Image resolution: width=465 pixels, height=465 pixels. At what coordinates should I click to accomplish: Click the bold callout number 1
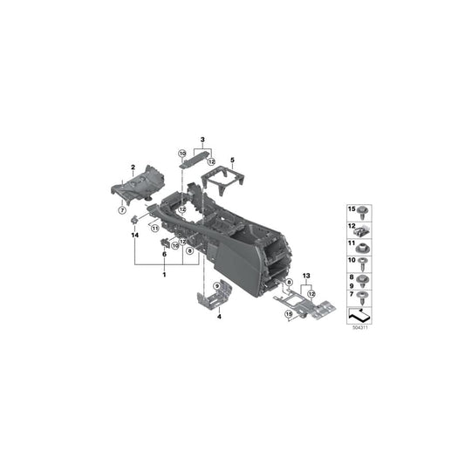pos(163,275)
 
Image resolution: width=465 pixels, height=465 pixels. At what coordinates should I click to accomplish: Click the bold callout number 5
pos(233,159)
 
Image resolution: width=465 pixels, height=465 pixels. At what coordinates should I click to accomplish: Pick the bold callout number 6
pos(163,254)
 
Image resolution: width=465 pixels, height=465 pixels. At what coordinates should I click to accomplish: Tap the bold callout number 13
pos(306,276)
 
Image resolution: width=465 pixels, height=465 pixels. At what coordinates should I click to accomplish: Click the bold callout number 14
pos(135,236)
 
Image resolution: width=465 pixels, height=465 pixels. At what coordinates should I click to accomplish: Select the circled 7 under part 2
pos(122,211)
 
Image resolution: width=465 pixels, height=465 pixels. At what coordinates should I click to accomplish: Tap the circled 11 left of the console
pos(153,229)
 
